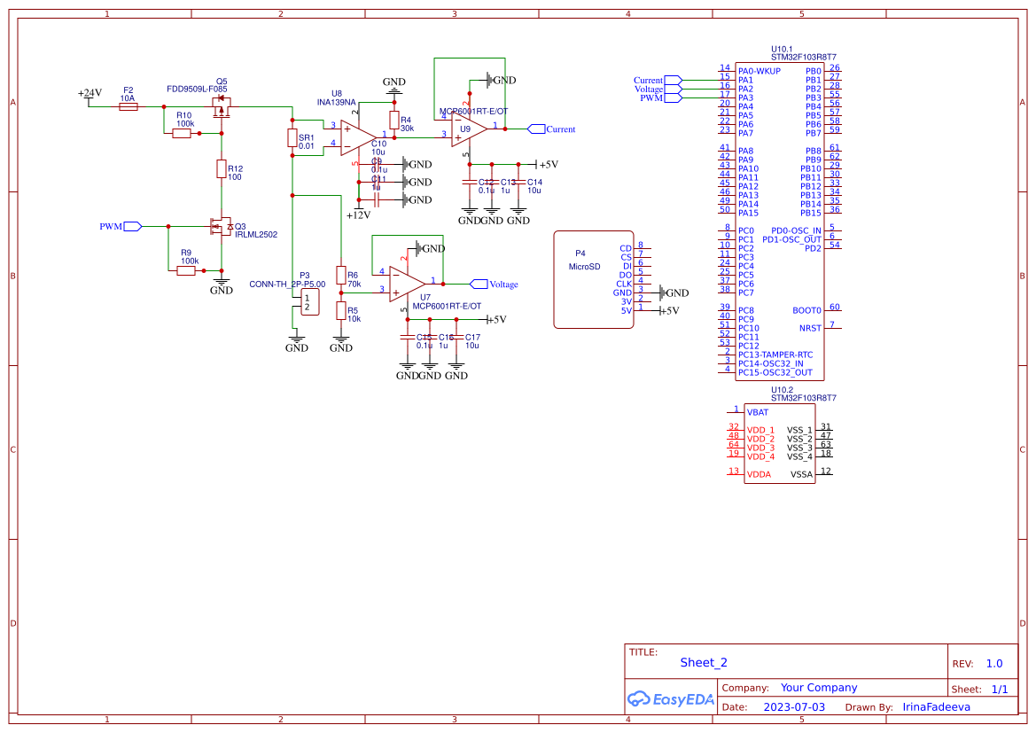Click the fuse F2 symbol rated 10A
pyautogui.click(x=128, y=106)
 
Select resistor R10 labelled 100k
pyautogui.click(x=182, y=133)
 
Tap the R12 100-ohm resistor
pyautogui.click(x=222, y=169)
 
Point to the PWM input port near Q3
pyautogui.click(x=132, y=226)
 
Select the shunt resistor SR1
pyautogui.click(x=292, y=138)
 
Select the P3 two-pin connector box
pyautogui.click(x=308, y=302)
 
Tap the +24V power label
pyautogui.click(x=90, y=93)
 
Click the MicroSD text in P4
pyautogui.click(x=584, y=267)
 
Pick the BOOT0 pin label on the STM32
pyautogui.click(x=806, y=310)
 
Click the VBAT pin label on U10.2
pyautogui.click(x=758, y=412)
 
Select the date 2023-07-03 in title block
pyautogui.click(x=794, y=707)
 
